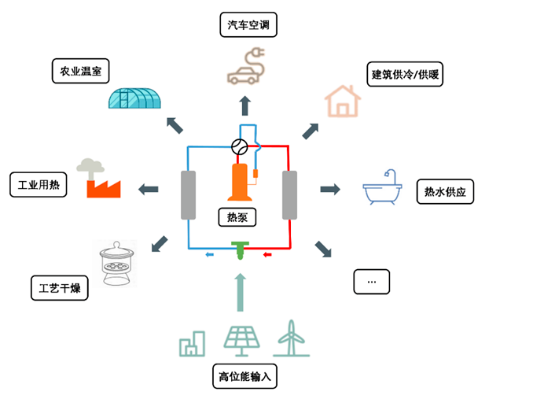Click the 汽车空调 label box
point(248,25)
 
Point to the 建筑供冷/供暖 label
point(406,76)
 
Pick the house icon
point(343,101)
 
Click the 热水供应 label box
point(444,190)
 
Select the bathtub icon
point(382,190)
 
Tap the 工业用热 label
point(39,186)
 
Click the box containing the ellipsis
point(372,281)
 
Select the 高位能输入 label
point(244,376)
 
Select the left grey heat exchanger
point(188,194)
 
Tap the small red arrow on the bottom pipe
point(266,254)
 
